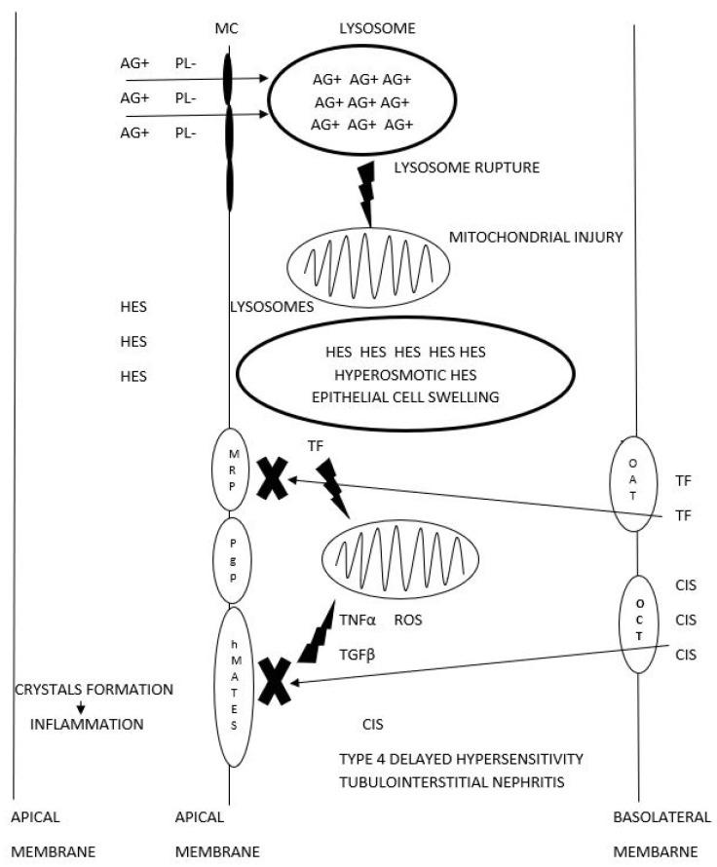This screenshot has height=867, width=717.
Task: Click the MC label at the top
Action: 229,28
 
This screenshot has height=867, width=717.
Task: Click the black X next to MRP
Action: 272,478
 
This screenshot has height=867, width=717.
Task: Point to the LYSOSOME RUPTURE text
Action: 467,168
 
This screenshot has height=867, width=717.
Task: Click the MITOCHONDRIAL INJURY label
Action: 535,238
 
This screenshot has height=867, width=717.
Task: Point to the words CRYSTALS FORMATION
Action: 94,690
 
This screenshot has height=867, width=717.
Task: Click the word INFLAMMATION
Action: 87,724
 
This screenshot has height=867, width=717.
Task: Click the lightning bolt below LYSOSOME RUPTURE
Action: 366,196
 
